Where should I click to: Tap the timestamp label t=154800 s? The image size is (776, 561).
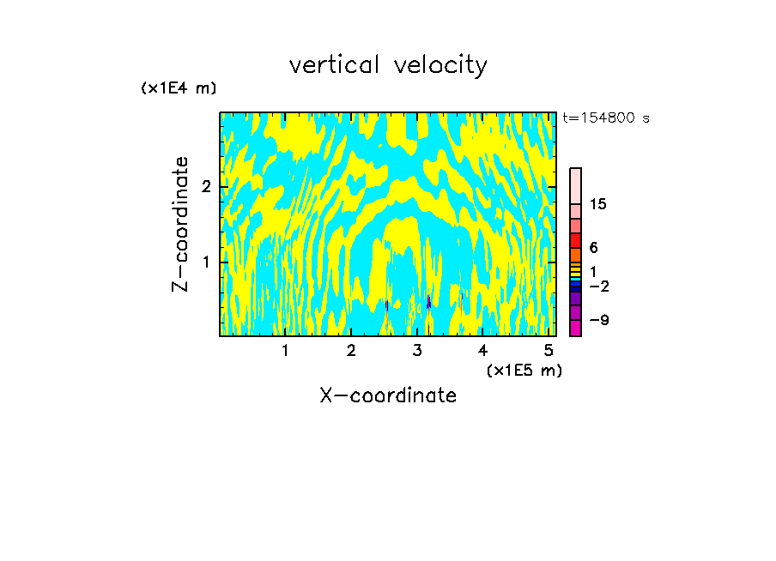(x=606, y=118)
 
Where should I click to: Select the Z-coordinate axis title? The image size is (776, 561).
(x=180, y=224)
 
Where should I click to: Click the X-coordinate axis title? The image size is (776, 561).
(x=388, y=395)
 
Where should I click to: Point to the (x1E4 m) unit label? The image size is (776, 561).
(x=179, y=88)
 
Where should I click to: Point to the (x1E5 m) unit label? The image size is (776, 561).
(x=524, y=370)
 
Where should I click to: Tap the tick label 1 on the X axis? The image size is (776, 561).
(x=286, y=350)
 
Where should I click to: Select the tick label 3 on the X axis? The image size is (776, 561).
(x=417, y=350)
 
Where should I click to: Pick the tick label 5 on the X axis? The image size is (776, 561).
(x=549, y=350)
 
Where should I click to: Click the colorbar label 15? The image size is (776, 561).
(x=598, y=204)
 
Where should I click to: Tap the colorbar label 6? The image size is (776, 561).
(x=593, y=248)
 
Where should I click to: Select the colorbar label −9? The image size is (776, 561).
(x=598, y=320)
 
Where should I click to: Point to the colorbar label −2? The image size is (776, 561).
(x=598, y=286)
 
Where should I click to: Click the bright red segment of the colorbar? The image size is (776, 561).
(x=575, y=240)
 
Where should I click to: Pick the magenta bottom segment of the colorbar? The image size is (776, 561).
(x=575, y=328)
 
